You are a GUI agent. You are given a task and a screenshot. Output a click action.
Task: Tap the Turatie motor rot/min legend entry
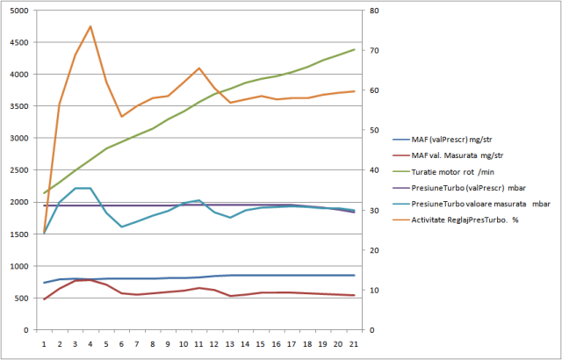click(448, 171)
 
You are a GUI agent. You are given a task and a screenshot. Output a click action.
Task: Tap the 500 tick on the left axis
click(22, 299)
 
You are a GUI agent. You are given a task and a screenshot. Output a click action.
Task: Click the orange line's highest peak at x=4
click(90, 26)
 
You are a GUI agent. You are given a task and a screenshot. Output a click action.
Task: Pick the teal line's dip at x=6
click(122, 227)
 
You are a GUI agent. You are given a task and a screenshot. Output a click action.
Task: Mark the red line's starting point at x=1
click(44, 299)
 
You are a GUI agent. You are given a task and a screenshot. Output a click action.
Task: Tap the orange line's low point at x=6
click(122, 116)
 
